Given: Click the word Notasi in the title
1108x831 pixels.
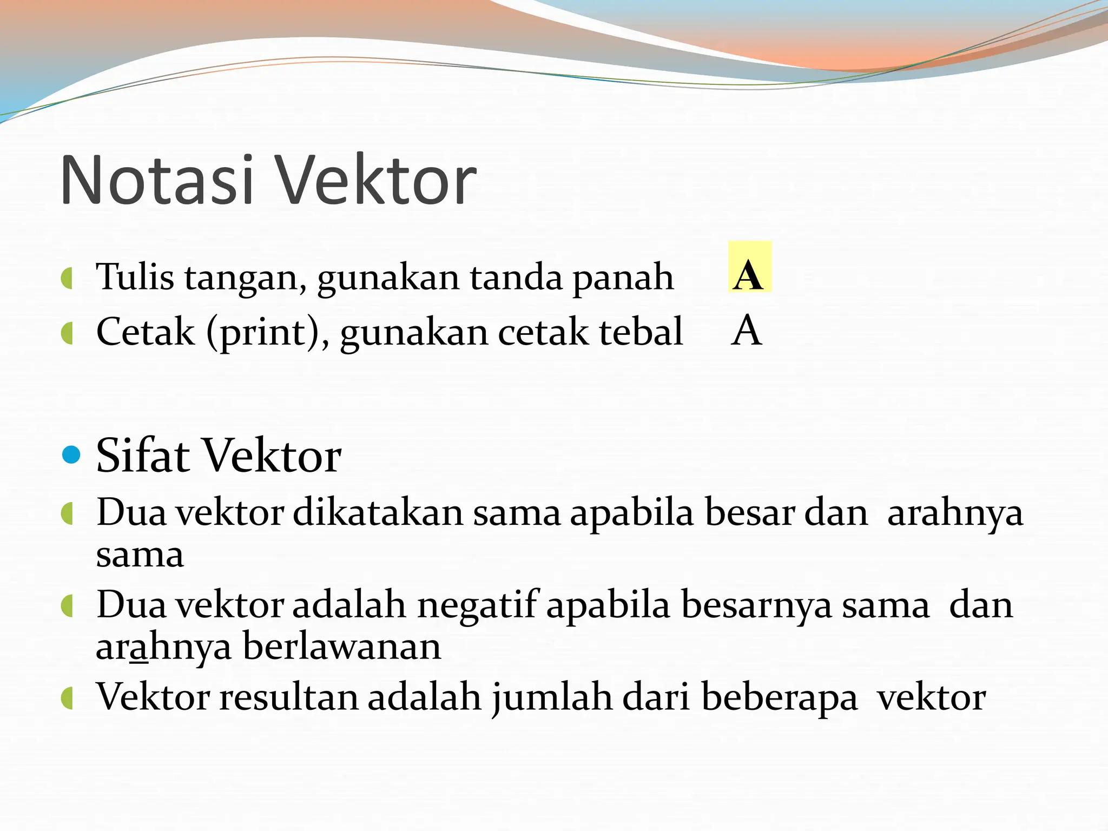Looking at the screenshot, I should tap(157, 180).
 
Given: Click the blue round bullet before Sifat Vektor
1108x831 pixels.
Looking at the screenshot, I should tap(71, 454).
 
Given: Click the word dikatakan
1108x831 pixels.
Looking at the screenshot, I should tap(378, 512).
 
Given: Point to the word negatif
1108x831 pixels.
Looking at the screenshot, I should tap(478, 605).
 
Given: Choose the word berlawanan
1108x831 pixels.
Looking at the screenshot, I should tap(342, 646).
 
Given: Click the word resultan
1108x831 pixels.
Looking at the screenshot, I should tap(289, 697).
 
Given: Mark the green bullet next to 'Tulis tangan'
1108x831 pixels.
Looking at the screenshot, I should tap(67, 279).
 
